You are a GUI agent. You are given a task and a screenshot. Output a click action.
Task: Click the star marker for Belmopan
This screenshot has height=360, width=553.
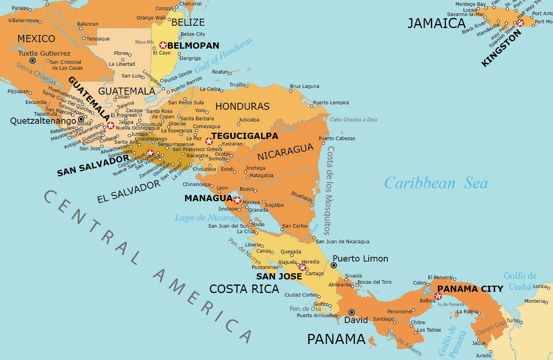(x=163, y=45)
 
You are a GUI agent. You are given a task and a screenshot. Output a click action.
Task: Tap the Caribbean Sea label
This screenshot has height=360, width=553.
(x=436, y=183)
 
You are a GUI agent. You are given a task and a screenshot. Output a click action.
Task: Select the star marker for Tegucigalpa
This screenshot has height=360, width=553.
(x=209, y=141)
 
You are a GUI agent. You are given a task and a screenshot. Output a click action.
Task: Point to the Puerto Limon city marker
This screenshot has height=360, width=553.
(x=334, y=265)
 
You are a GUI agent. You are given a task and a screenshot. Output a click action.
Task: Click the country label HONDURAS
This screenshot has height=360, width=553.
(x=242, y=106)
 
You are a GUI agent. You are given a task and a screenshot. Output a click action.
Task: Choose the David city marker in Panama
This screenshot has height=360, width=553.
(x=352, y=312)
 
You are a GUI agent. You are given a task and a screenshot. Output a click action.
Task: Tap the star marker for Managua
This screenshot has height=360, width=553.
(x=237, y=200)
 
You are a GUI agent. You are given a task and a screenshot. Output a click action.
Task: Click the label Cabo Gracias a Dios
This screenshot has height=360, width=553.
(x=353, y=119)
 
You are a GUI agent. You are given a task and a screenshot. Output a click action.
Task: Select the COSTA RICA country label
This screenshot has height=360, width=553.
(x=244, y=289)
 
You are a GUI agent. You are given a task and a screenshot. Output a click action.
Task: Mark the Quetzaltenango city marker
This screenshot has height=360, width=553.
(x=81, y=119)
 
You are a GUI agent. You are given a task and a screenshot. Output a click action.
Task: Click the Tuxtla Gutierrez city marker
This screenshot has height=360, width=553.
(x=33, y=61)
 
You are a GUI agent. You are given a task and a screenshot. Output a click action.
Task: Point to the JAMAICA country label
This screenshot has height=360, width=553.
(x=436, y=23)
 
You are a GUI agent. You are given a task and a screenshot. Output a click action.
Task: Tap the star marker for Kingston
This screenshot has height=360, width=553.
(x=520, y=23)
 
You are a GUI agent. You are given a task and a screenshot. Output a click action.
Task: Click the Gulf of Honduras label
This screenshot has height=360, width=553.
(x=223, y=56)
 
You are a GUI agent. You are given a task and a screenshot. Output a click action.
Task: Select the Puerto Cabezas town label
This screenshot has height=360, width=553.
(x=337, y=138)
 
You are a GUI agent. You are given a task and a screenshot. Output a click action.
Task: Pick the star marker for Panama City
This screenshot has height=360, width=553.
(x=438, y=296)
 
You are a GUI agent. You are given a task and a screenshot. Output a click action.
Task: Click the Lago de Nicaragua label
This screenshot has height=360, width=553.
(x=210, y=218)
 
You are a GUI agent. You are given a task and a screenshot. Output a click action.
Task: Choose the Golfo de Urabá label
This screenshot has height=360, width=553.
(x=520, y=281)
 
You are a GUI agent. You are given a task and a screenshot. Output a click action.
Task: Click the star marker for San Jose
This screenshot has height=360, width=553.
(x=302, y=267)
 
